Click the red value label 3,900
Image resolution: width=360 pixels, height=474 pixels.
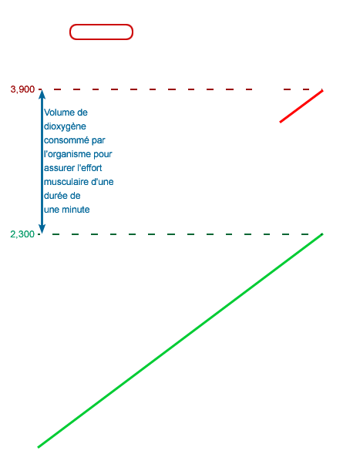pos(22,89)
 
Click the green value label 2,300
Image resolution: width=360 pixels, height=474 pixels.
pos(22,234)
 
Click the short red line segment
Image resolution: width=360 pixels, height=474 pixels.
pos(301,106)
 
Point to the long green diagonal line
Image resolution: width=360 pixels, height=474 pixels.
pos(180,341)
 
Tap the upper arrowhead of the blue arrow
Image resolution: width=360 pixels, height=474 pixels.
pos(42,93)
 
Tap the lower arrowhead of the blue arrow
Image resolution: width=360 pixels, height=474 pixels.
pos(42,230)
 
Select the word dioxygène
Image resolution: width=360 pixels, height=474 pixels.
pos(65,126)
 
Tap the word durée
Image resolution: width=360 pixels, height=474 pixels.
pos(52,196)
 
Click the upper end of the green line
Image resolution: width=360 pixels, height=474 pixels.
pos(322,234)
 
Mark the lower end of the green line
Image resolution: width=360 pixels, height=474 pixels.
pos(38,447)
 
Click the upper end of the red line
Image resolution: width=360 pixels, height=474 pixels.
pos(322,90)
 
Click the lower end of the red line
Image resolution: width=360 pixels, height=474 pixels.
pos(280,122)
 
